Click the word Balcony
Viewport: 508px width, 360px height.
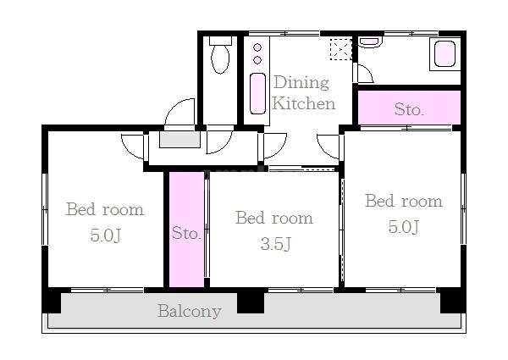point(190,312)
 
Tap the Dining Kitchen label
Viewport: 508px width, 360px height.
point(303,92)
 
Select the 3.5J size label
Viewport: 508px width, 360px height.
point(276,244)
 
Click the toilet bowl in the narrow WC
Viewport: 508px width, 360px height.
point(220,59)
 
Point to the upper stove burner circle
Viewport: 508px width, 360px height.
point(257,47)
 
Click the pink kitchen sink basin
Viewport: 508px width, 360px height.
point(258,93)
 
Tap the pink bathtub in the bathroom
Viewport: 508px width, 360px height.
point(444,54)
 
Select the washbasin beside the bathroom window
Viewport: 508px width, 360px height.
point(370,42)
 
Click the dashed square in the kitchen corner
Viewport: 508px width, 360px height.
point(341,49)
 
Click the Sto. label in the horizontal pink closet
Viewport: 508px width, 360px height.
point(409,109)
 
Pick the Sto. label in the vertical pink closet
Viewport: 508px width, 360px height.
point(186,233)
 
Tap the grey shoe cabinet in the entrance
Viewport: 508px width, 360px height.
point(179,139)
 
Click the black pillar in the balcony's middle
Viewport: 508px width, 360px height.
point(251,302)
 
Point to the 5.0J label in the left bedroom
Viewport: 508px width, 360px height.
point(106,235)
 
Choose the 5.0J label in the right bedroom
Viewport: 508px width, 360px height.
point(404,226)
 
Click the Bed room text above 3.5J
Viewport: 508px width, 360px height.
point(274,218)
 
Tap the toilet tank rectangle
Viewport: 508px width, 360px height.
point(220,41)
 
